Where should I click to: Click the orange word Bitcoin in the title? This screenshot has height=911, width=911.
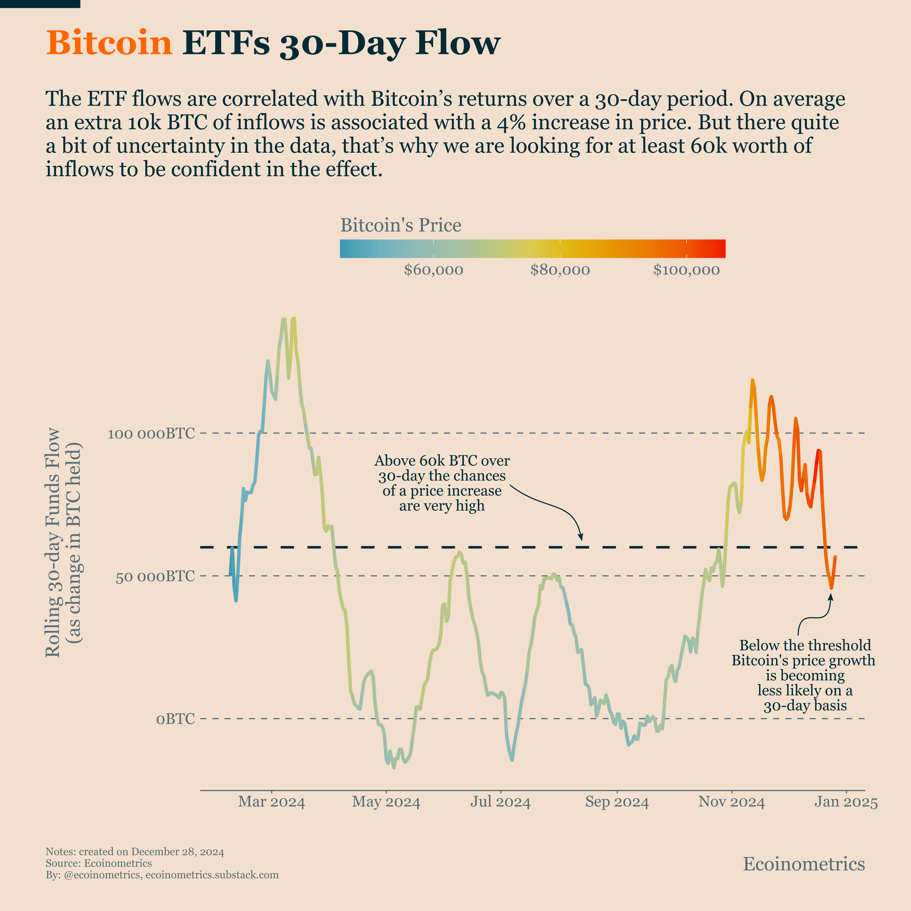[109, 43]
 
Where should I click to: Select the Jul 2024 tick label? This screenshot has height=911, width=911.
[500, 802]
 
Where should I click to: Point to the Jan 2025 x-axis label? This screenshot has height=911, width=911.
[846, 802]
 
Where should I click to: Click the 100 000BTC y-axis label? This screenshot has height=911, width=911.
[151, 433]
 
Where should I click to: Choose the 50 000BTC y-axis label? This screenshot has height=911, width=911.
[155, 576]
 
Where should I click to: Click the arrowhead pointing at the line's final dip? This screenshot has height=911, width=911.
[831, 597]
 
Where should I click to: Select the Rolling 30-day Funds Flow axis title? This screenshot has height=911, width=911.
[53, 542]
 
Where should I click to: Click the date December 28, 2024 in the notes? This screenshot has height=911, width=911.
[177, 852]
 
